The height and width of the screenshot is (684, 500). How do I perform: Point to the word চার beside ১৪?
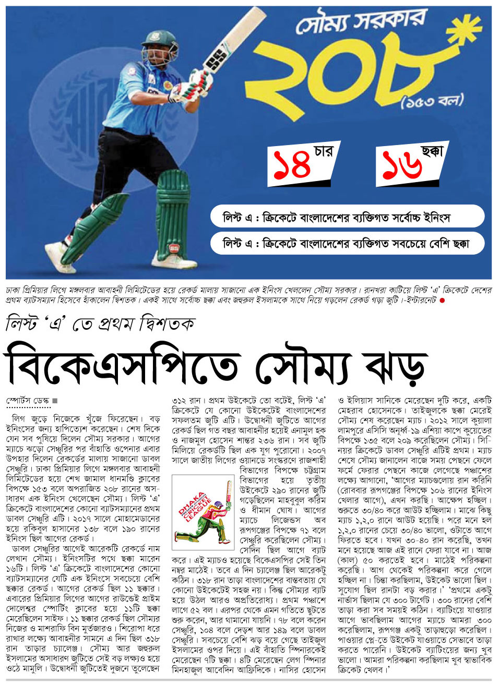(x=323, y=152)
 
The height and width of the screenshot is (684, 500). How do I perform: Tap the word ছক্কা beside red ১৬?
(x=432, y=152)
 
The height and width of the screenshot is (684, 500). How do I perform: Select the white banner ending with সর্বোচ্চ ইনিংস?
(x=347, y=216)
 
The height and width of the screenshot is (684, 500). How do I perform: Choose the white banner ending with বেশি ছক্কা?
(x=347, y=243)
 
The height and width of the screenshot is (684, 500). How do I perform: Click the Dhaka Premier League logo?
(x=203, y=511)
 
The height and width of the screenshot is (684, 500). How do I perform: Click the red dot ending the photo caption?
(x=443, y=301)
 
